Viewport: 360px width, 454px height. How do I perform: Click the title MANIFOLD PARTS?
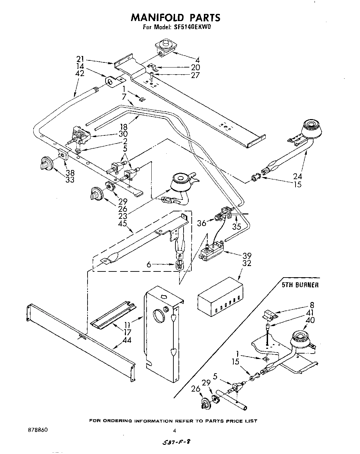pos(175,17)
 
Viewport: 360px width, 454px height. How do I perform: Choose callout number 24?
pos(298,176)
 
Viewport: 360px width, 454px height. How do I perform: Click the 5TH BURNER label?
pos(300,285)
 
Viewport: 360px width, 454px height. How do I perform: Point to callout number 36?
pos(202,223)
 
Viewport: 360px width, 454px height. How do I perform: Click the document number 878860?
pos(37,429)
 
